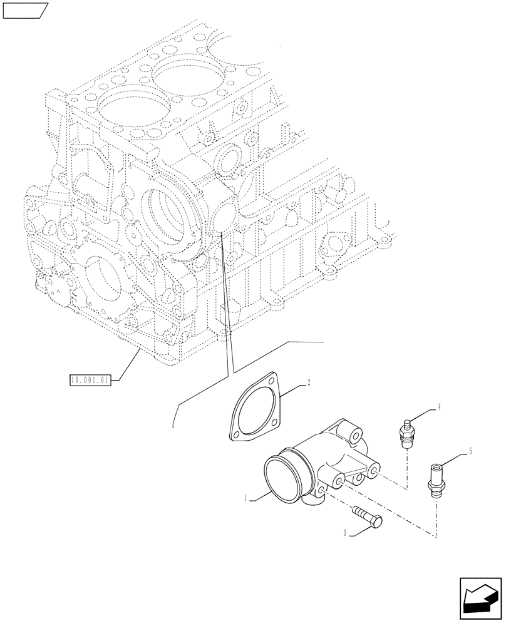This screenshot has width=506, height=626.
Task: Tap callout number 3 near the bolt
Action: [x=345, y=533]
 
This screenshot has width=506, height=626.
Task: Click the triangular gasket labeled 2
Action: [x=257, y=408]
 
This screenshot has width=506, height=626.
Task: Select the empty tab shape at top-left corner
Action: [x=24, y=11]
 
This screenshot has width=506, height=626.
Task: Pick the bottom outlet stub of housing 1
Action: [x=315, y=501]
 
